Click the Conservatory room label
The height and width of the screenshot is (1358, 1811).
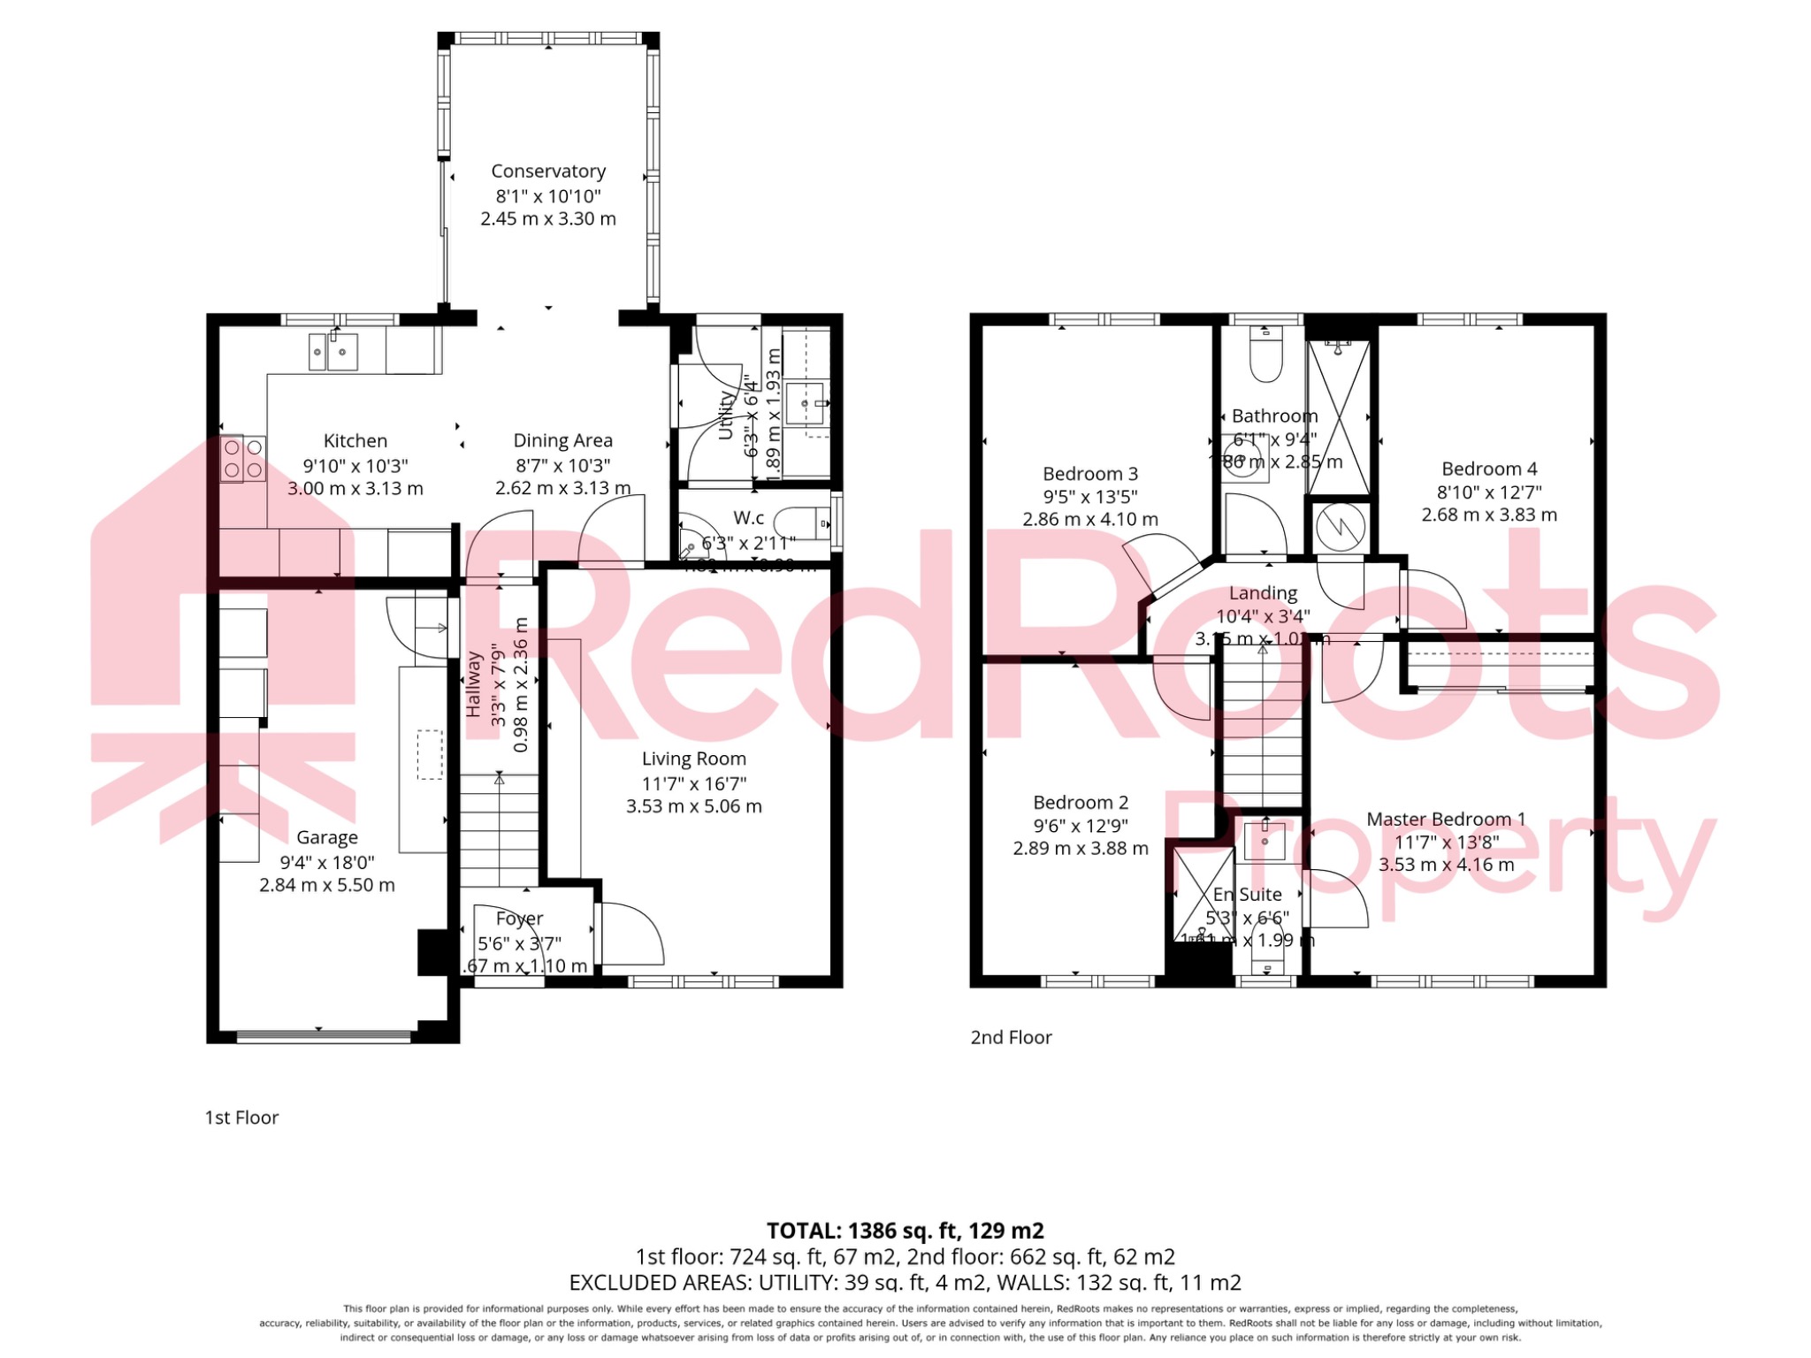548,172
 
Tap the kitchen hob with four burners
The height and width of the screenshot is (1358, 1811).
242,459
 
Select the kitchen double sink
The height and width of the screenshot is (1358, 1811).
332,352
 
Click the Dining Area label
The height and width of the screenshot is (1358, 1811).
562,440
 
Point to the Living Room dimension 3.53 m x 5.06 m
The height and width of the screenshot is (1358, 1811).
693,806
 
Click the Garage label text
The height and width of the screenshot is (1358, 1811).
326,837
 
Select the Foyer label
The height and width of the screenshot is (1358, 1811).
519,919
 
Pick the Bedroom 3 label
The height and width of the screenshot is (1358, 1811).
1089,474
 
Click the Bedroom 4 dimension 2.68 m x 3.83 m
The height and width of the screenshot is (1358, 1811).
1489,515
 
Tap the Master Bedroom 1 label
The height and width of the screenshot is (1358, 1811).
1446,820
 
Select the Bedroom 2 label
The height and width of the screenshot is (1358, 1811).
1081,803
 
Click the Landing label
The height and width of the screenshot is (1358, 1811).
1263,593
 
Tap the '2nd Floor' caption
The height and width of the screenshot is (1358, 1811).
1011,1038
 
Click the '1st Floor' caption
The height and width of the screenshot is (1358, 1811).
241,1118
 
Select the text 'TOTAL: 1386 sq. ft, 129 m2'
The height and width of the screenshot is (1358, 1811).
905,1231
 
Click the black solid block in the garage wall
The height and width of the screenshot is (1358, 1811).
433,952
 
